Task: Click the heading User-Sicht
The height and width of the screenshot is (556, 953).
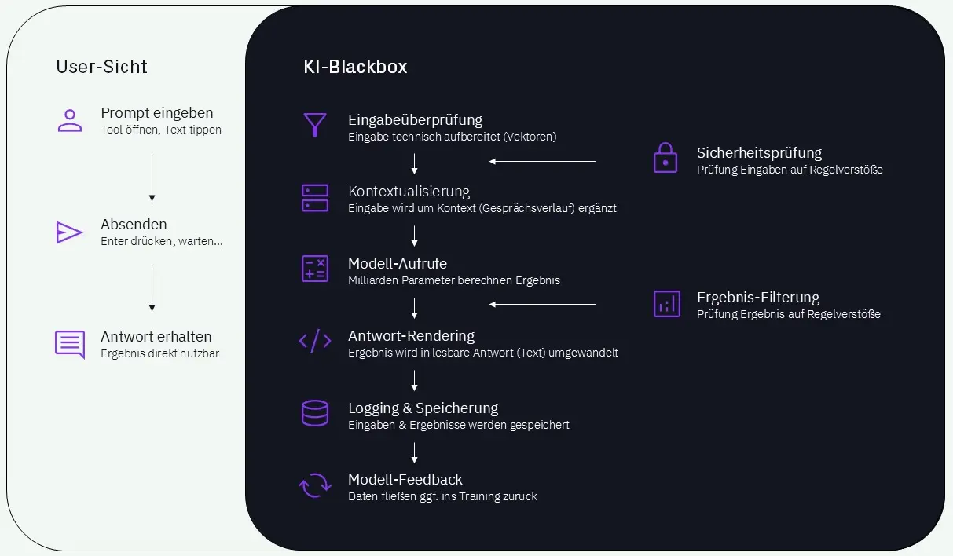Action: click(101, 67)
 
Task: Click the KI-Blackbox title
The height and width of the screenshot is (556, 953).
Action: click(355, 67)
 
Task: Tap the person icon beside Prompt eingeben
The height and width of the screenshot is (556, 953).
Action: click(70, 120)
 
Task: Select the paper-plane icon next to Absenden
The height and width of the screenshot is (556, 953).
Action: click(69, 232)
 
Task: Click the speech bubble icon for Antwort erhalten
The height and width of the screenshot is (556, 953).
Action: click(70, 344)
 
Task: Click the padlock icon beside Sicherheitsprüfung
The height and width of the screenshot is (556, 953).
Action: click(665, 158)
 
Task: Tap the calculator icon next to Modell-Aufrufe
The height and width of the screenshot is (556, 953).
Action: click(314, 269)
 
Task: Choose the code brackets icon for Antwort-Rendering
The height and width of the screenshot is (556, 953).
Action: click(314, 342)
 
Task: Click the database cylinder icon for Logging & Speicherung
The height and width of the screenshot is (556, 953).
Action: click(314, 413)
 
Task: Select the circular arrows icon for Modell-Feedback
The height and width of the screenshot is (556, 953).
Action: click(314, 485)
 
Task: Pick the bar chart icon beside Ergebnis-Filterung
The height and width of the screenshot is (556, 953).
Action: click(667, 304)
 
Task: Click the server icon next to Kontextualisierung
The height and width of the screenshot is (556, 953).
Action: click(314, 198)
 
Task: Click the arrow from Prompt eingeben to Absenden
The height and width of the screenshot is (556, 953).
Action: click(152, 178)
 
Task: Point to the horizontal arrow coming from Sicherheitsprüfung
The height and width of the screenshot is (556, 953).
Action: click(542, 162)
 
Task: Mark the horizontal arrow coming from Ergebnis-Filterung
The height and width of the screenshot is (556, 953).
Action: click(542, 304)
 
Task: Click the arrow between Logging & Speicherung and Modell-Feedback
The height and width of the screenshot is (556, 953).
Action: click(414, 452)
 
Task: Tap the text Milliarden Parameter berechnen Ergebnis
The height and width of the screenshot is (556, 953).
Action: click(453, 280)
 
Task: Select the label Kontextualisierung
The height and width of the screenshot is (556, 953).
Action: click(409, 191)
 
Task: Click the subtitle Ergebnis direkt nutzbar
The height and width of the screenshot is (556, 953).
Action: click(159, 353)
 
